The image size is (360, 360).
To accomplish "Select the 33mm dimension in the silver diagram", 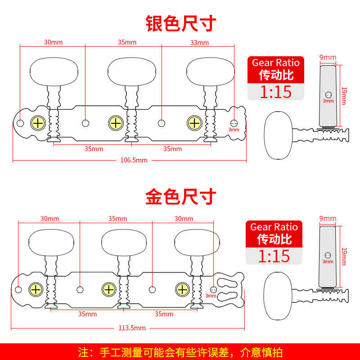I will [x=200, y=42].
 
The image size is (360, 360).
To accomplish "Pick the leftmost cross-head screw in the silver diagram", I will [x=38, y=123].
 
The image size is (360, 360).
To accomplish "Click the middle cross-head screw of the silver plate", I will [x=116, y=123].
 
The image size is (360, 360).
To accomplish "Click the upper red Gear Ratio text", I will [x=276, y=63].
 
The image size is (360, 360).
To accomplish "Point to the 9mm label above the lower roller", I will [x=327, y=219].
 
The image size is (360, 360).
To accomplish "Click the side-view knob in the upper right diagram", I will [x=278, y=135].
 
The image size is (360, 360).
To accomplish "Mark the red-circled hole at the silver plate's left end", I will [x=21, y=123].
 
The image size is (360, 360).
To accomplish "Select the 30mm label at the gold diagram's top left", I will [x=49, y=219].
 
